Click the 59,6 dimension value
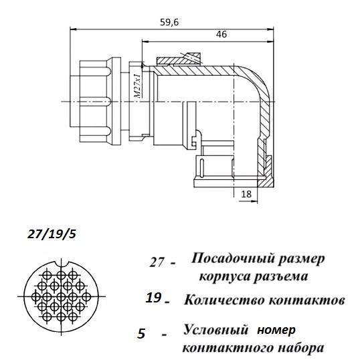pos(169,22)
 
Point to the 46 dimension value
pos(221,34)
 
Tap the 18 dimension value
pos(246,194)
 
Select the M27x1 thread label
pos(137,86)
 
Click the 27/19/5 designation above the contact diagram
pos(52,234)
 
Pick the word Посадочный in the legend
pos(232,259)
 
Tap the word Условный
pos(215,329)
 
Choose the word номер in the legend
pos(276,331)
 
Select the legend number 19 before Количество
pos(153,297)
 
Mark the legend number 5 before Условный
pos(141,333)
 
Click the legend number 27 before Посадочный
pos(157,262)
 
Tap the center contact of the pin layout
pos(61,296)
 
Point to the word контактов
pos(307,300)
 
